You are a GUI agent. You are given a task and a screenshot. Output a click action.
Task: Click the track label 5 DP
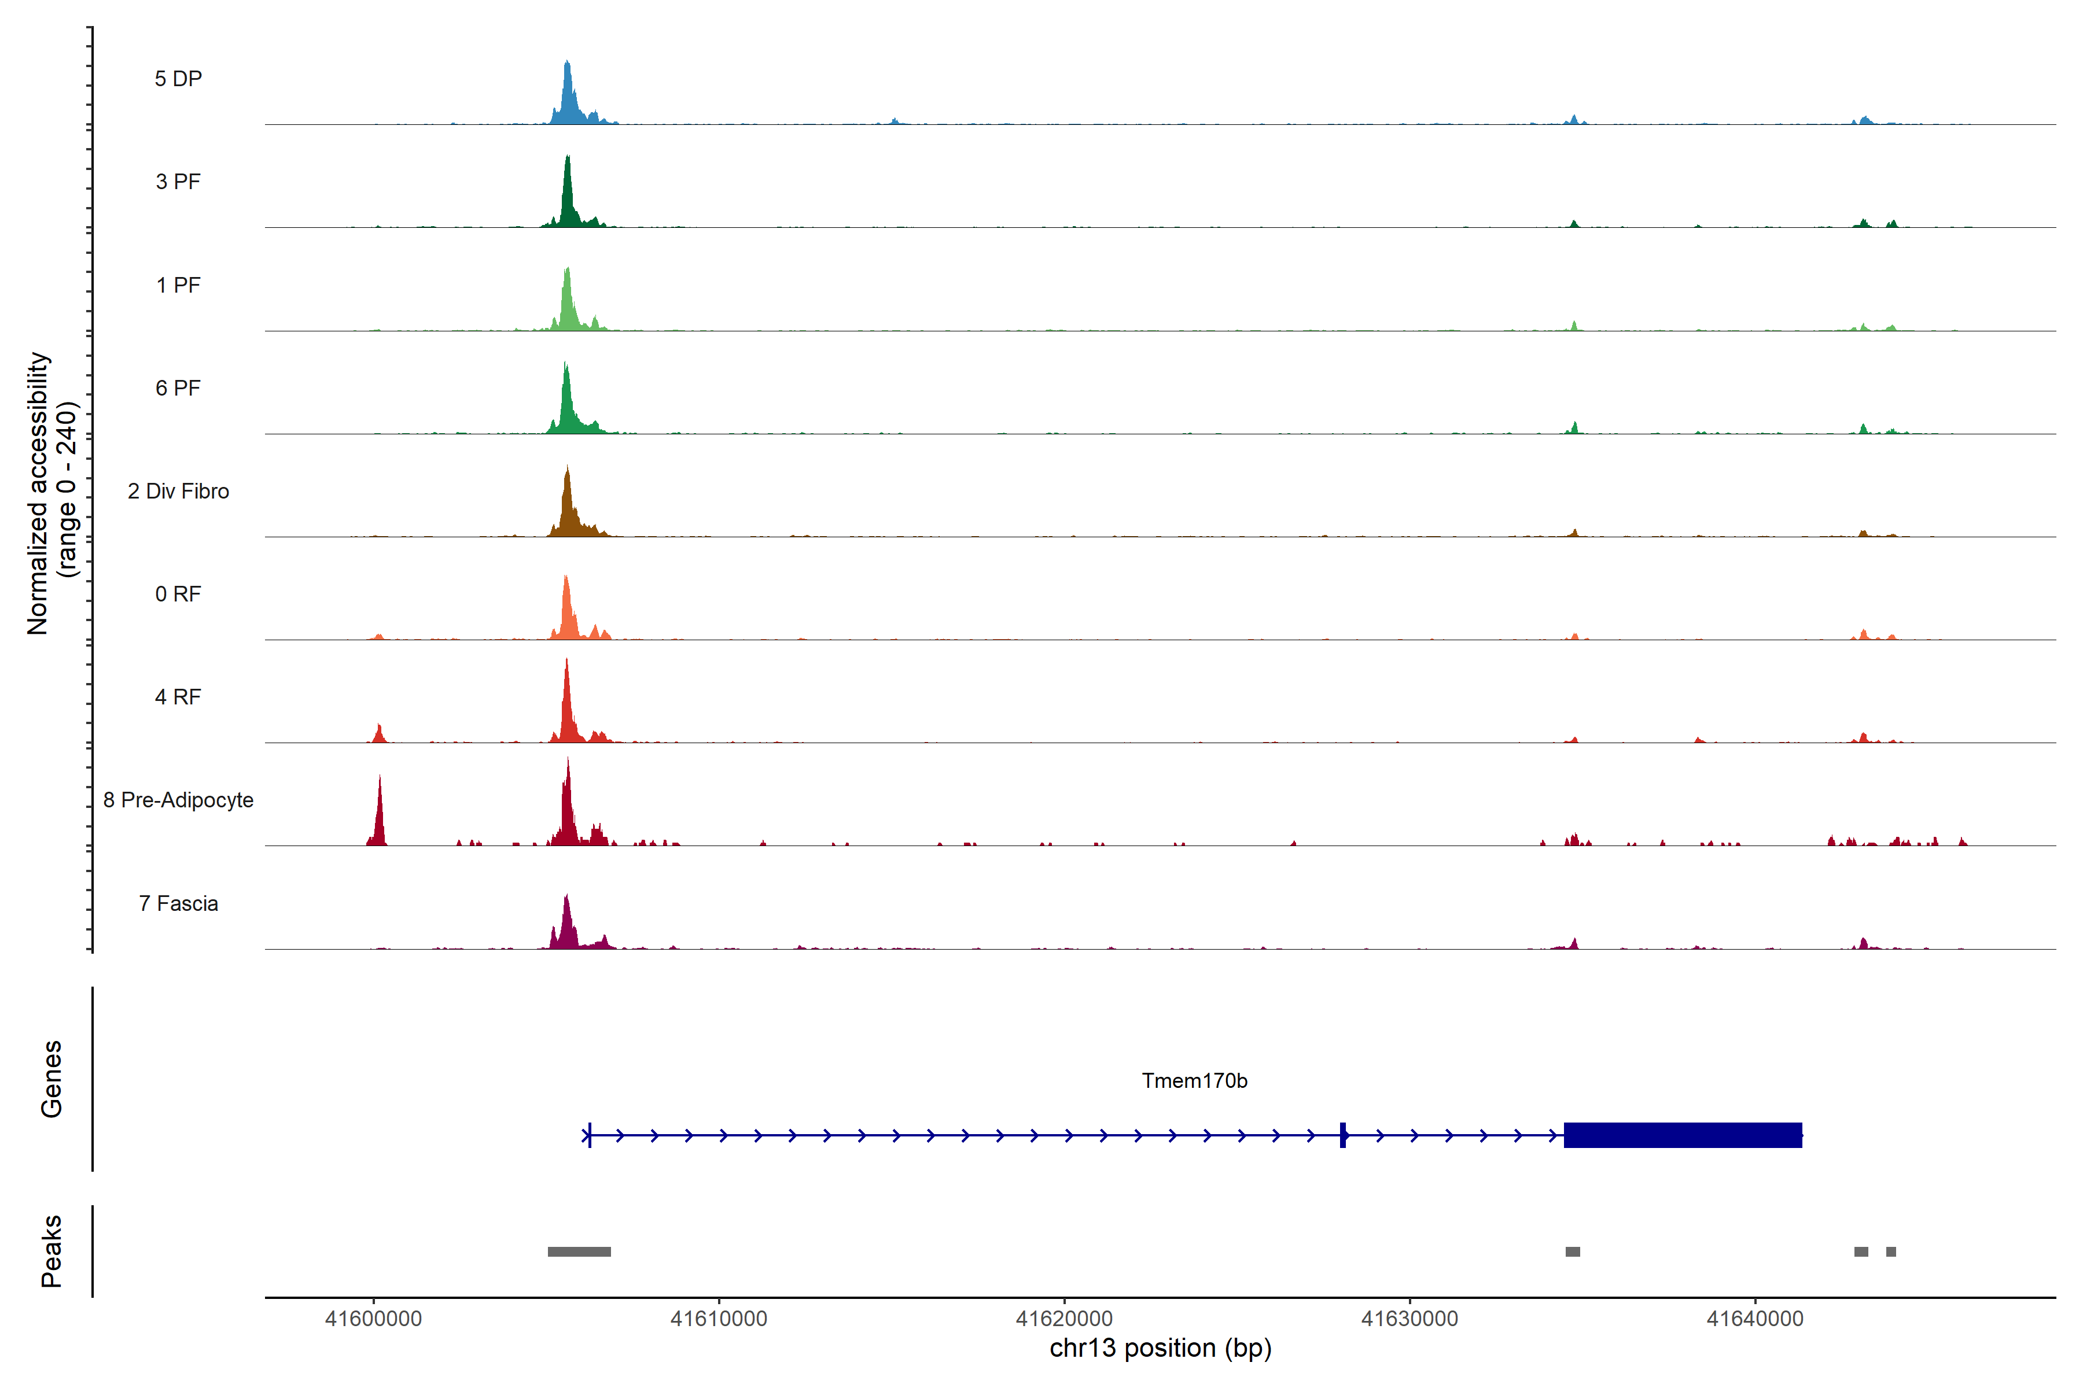178,79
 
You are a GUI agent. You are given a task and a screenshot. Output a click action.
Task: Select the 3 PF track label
178,182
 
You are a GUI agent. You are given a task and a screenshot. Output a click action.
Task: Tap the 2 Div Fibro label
178,491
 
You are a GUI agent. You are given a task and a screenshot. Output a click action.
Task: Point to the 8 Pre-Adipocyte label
178,800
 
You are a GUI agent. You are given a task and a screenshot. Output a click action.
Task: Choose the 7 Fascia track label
178,904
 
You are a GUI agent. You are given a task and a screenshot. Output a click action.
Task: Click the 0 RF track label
178,594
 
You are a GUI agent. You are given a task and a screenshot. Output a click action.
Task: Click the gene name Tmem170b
1194,1081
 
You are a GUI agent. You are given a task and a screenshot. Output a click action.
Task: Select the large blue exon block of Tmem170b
1682,1135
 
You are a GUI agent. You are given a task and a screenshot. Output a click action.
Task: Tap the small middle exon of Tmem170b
1342,1135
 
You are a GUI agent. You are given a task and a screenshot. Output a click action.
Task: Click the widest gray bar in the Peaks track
579,1252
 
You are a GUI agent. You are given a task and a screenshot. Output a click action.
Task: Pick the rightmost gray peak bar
1891,1252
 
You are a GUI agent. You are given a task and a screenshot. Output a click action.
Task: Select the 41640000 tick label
1754,1319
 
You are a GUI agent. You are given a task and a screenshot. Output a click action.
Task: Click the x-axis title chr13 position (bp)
1160,1348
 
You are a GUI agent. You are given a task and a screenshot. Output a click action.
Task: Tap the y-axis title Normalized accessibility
37,493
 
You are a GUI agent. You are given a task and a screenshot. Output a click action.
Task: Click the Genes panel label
51,1079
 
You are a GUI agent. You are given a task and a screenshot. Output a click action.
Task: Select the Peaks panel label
51,1251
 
